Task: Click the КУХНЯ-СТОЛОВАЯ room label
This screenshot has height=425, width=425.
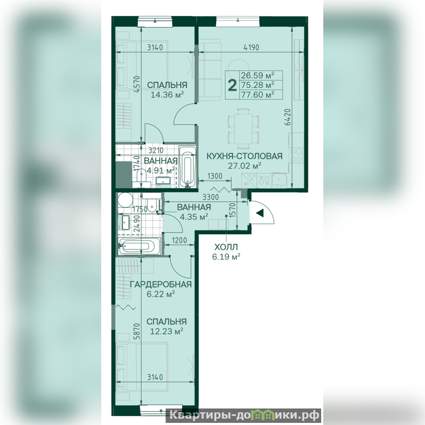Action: tap(244, 156)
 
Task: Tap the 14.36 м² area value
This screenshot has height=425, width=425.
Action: tap(167, 95)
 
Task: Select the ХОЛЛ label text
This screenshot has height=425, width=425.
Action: tap(226, 247)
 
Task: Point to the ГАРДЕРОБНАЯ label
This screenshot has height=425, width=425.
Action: tap(161, 284)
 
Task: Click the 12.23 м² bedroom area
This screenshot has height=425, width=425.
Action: tap(166, 331)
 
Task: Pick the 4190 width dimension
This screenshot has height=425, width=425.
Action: tap(251, 47)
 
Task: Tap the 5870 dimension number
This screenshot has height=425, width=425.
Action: tap(137, 331)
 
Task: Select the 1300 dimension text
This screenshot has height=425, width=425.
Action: tap(215, 176)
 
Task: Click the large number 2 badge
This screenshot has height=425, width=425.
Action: tap(232, 85)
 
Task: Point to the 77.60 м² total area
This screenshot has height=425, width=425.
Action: tap(257, 95)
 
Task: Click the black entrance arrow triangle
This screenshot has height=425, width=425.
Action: tap(260, 213)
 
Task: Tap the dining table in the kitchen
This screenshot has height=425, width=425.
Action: tap(243, 128)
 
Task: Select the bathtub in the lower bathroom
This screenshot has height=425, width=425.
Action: tap(140, 246)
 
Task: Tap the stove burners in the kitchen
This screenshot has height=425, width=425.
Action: tap(297, 156)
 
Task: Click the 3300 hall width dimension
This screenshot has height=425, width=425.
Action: tap(210, 197)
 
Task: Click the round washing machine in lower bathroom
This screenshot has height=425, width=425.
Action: tap(125, 200)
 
